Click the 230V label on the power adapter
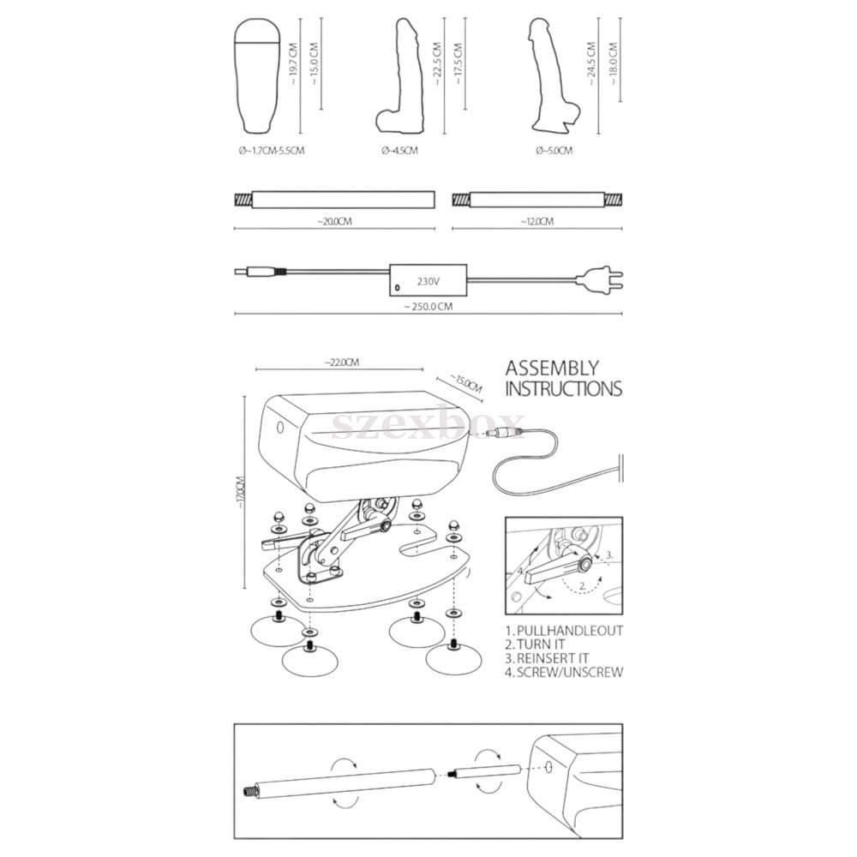(428, 281)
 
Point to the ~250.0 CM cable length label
(428, 307)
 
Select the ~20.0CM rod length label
(334, 222)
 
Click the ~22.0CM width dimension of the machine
(342, 363)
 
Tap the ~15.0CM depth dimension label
(465, 383)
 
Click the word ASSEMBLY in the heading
(552, 369)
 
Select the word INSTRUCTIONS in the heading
(564, 388)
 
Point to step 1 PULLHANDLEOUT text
(564, 631)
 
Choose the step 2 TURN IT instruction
(535, 644)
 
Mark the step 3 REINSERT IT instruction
(547, 658)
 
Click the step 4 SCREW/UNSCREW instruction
(564, 672)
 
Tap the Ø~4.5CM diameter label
(399, 150)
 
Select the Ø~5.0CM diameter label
(554, 150)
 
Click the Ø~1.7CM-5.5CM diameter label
(272, 150)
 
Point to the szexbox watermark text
(428, 423)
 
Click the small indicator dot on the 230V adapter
(398, 287)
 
